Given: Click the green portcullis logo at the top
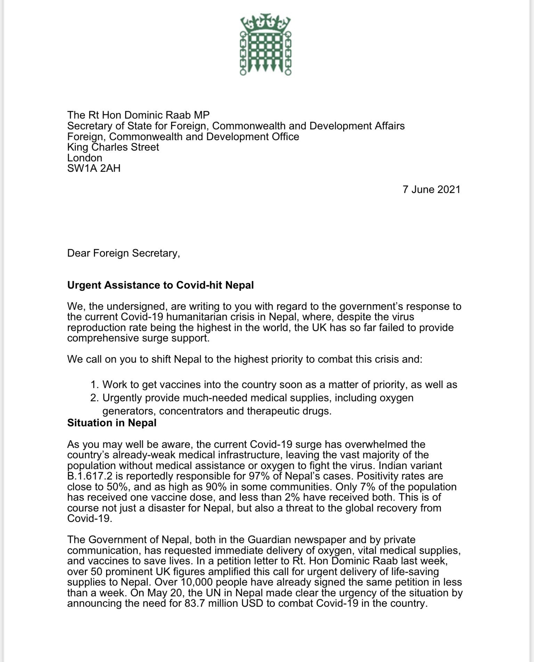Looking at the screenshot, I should coord(266,45).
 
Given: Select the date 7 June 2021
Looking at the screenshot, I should coord(431,189).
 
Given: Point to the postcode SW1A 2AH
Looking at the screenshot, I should coord(94,168).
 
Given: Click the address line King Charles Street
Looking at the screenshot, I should coord(113,147).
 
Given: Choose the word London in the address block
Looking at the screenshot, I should coord(84,158).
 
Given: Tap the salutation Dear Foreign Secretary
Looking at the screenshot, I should coord(123,253).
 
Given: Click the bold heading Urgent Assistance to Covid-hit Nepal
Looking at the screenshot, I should coord(160,285).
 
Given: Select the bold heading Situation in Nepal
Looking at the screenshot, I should coord(112,423).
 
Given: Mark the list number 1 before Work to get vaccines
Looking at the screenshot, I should coord(94,385).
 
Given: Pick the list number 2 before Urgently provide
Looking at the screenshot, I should coord(94,398).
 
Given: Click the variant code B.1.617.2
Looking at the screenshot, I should coord(88,476).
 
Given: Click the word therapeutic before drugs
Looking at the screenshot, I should coord(273,411).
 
